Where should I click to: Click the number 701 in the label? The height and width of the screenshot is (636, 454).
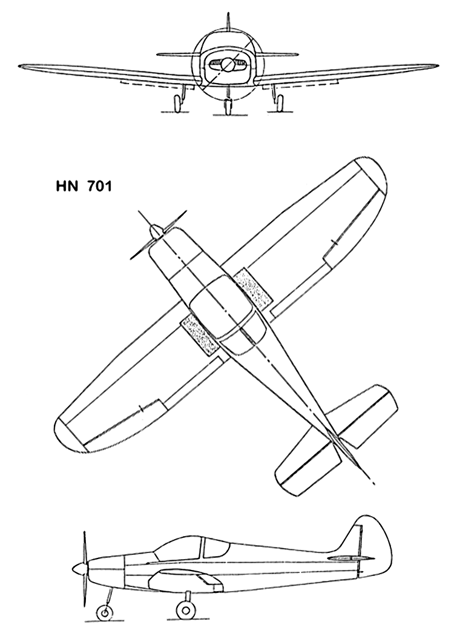(x=99, y=187)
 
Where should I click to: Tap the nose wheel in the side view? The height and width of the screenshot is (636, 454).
(x=105, y=613)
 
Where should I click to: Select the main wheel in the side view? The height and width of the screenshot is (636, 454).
(x=185, y=611)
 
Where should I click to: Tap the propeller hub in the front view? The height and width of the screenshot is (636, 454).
(x=228, y=64)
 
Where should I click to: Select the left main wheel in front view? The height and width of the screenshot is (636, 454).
(x=177, y=103)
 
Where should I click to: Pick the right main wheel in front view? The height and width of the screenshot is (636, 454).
(x=279, y=103)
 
